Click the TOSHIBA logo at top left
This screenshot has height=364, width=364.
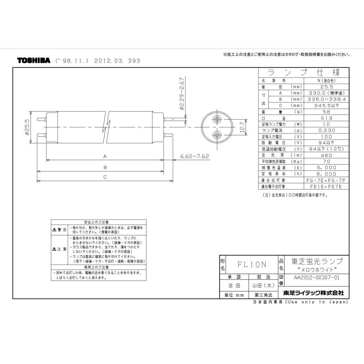(34, 61)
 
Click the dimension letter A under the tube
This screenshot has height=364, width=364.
(105, 156)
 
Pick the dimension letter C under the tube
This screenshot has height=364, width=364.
(105, 177)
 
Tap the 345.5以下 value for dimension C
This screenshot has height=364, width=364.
(321, 106)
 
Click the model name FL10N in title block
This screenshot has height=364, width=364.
(252, 265)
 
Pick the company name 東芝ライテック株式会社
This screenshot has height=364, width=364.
(313, 292)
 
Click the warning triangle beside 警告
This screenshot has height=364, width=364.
(54, 229)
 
